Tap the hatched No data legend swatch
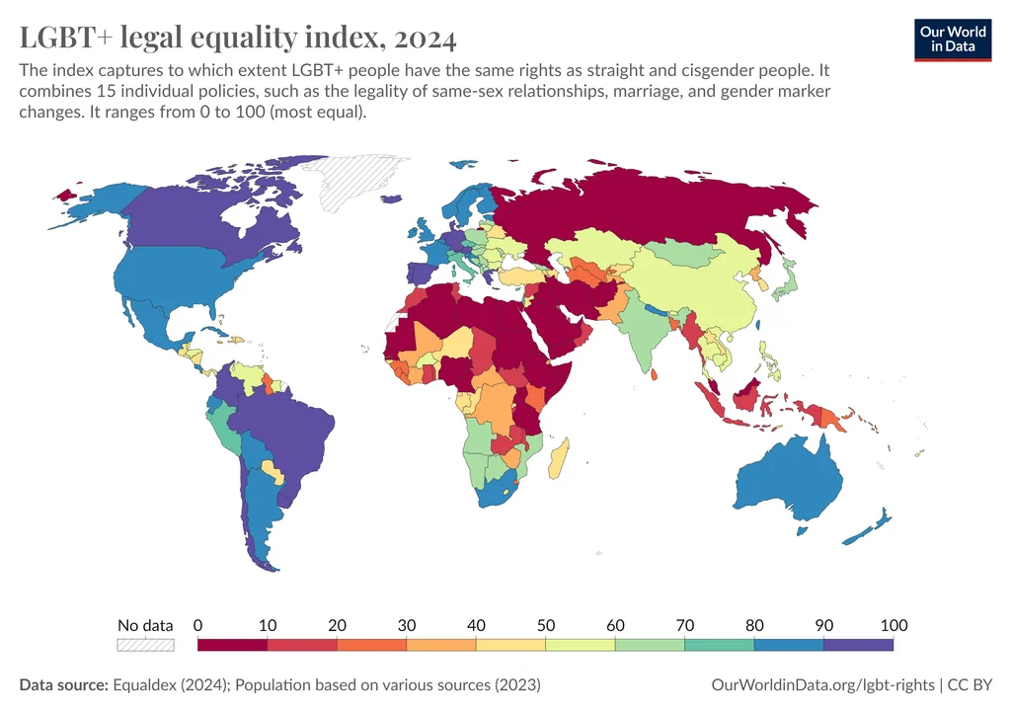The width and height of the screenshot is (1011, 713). click(x=145, y=644)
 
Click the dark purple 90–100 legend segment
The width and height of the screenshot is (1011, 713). click(x=858, y=644)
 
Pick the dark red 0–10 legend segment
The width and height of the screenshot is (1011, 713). click(x=232, y=644)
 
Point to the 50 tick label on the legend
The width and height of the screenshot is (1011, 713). click(x=545, y=625)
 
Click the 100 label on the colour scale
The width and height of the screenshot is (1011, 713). click(x=894, y=625)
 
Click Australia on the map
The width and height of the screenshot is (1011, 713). click(x=790, y=484)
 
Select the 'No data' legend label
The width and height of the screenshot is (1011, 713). click(x=145, y=625)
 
